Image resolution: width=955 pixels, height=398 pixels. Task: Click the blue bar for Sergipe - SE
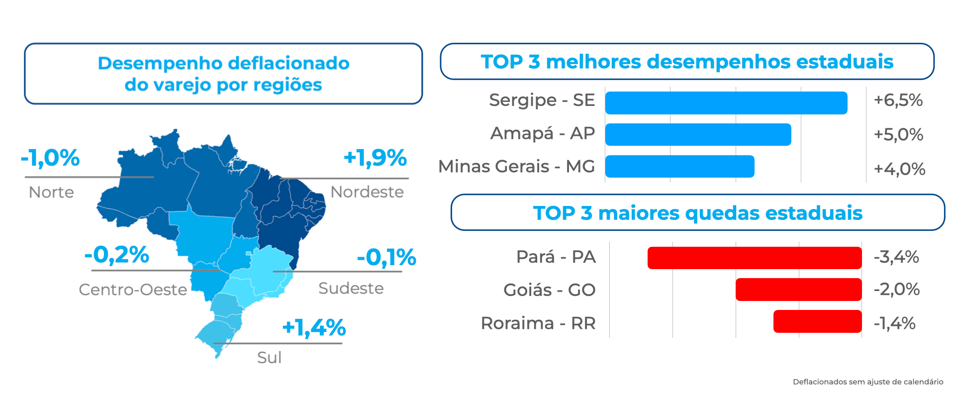coord(726,103)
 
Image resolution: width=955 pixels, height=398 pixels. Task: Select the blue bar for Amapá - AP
coord(698,134)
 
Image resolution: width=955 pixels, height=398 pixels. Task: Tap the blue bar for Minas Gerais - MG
coord(679,166)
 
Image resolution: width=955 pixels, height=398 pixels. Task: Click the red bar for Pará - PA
coord(755,258)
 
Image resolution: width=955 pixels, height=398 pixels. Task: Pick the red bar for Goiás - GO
coord(798,290)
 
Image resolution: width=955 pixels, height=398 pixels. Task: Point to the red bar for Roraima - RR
coord(817,321)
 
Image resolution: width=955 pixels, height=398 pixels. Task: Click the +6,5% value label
coord(898,100)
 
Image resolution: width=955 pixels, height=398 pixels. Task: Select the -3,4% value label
coord(896,257)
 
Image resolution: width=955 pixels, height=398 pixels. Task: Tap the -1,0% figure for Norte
coord(50,158)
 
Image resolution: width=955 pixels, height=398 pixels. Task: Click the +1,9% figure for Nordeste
coord(375,158)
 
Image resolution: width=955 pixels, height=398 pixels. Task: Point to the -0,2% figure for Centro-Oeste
coord(117,255)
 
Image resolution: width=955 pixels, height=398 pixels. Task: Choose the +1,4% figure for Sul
coord(314,328)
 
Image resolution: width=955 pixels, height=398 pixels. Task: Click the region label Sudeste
coord(351,289)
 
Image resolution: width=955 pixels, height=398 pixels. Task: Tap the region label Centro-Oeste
coord(133,290)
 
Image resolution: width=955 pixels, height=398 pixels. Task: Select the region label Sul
coord(269,357)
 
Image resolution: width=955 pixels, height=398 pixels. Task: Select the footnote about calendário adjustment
coord(867,382)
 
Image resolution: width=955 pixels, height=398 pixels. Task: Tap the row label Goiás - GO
coord(549,290)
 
